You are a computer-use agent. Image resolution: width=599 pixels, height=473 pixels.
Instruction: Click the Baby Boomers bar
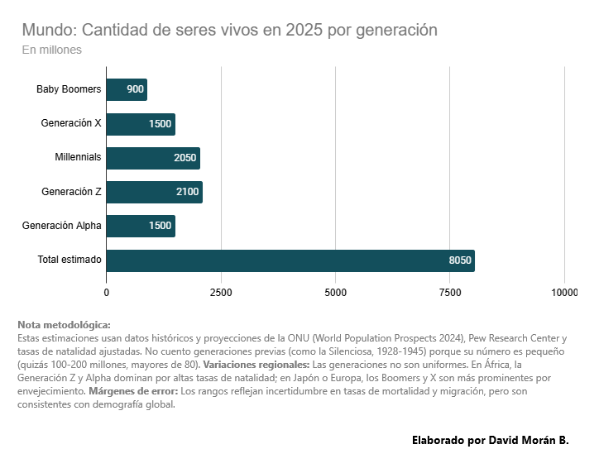(127, 89)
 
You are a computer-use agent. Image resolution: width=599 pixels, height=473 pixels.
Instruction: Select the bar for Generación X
(141, 124)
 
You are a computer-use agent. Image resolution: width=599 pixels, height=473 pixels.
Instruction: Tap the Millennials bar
(153, 158)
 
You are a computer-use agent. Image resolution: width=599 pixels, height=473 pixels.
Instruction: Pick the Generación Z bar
(154, 192)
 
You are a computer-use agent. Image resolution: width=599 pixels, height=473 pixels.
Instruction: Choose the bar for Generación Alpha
(141, 226)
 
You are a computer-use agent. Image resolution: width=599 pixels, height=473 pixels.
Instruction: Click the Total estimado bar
(290, 260)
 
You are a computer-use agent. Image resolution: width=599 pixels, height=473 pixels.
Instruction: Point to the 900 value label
(136, 89)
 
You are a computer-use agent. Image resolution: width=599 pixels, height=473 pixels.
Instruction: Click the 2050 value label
(184, 158)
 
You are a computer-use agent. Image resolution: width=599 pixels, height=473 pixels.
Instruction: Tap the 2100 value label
(187, 192)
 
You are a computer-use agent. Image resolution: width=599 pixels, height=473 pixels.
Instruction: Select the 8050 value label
(459, 260)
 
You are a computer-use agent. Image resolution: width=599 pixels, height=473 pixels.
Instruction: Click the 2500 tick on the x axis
(221, 293)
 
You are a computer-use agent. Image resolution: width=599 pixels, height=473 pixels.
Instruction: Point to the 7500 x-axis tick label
(450, 293)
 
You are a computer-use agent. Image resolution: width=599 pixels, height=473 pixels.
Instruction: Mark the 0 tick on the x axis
(107, 293)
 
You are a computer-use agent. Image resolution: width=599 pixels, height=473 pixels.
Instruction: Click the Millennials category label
(78, 157)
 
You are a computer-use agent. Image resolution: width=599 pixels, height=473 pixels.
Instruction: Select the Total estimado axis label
(69, 260)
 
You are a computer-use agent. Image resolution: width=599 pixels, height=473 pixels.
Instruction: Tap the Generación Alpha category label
(62, 226)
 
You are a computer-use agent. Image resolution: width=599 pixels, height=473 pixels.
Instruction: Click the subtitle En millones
(51, 50)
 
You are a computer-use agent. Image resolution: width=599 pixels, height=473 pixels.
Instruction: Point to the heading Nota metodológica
(64, 325)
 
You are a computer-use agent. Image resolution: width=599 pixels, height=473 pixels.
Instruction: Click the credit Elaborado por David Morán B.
(490, 440)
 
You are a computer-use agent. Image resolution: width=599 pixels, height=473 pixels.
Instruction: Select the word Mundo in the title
(48, 30)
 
